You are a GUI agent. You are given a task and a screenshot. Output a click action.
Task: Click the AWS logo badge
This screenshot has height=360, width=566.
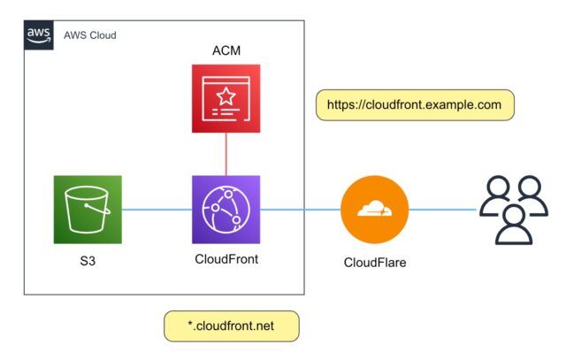tap(39, 35)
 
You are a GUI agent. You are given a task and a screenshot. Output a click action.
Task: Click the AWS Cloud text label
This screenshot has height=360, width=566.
tap(90, 35)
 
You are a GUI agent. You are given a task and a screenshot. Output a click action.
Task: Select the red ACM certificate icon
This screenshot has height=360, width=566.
tap(226, 98)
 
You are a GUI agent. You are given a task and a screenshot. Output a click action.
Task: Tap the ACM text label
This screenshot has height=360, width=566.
tap(226, 50)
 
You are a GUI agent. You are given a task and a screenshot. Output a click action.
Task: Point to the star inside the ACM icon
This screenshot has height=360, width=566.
tap(226, 96)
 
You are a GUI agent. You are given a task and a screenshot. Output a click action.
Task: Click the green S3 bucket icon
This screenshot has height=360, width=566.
tap(88, 210)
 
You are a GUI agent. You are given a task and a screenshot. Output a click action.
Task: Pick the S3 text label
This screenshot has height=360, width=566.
tap(88, 261)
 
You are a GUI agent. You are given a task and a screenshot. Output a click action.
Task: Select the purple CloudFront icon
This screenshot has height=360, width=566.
tap(226, 210)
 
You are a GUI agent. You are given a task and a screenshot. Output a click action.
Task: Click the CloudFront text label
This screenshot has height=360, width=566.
tap(226, 259)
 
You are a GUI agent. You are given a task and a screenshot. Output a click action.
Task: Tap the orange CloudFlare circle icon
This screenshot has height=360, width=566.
tap(375, 210)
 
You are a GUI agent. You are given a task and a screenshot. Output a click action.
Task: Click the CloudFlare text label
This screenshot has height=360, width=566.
tap(375, 263)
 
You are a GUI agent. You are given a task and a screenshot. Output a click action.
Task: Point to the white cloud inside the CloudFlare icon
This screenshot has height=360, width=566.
tap(374, 209)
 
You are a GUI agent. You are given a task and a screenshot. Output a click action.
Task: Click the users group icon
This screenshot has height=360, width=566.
tap(514, 210)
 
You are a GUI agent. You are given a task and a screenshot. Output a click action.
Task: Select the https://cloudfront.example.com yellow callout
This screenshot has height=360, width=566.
tap(415, 105)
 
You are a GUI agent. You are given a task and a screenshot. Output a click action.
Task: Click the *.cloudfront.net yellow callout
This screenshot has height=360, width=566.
tap(232, 326)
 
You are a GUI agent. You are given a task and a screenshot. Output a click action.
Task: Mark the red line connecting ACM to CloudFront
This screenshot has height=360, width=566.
tap(226, 154)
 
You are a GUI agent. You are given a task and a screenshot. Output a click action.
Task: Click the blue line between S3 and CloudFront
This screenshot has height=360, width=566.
tap(157, 210)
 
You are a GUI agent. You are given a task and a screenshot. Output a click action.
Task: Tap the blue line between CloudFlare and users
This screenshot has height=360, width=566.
tap(443, 210)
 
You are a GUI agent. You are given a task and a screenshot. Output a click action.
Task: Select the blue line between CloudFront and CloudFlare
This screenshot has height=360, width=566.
tap(301, 210)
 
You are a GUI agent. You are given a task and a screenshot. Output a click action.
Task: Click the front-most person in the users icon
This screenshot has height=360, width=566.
tap(514, 226)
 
